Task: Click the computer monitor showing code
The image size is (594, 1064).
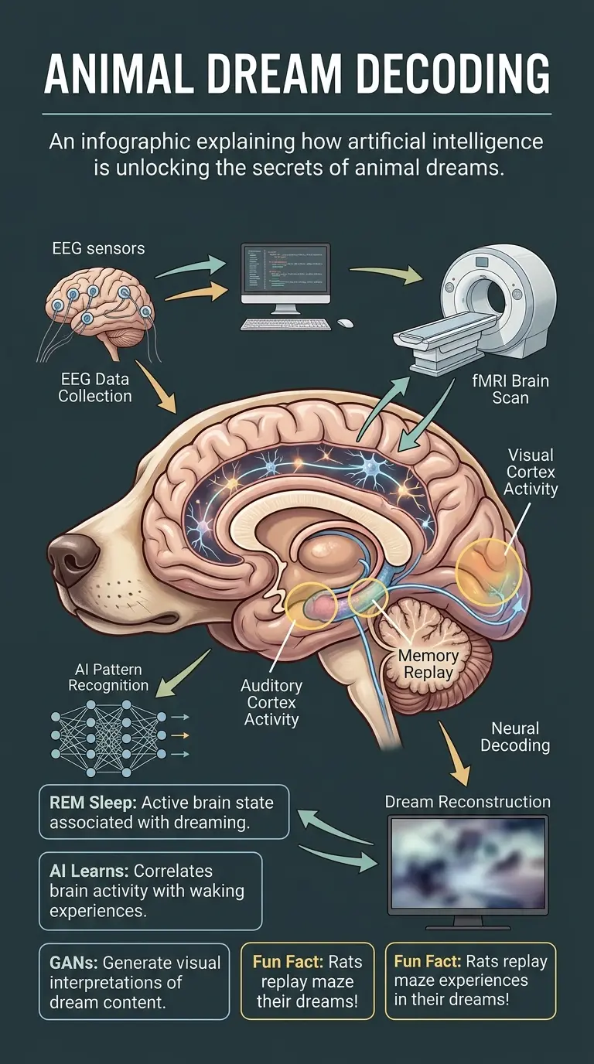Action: pos(285,275)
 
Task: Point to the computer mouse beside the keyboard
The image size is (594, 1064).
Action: pos(345,322)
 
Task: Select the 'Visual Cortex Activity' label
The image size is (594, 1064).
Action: pos(531,472)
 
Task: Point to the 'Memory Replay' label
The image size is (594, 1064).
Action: pos(428,664)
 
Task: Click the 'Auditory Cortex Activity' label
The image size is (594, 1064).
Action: pos(271,702)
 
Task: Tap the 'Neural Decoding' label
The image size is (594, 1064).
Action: pos(515,737)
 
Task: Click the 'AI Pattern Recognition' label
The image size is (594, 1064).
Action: pos(108,677)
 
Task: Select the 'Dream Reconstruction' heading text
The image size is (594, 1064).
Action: pos(468,802)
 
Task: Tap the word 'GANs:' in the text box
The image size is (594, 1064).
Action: pos(73,963)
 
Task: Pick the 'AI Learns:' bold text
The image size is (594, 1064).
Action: pos(87,871)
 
